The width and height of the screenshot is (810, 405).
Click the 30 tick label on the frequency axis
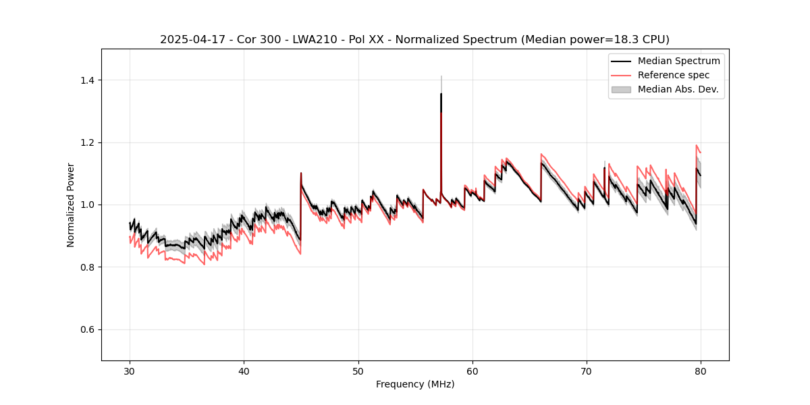coord(130,371)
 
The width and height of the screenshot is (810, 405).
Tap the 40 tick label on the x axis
coord(244,371)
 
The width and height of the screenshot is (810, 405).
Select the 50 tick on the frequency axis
coord(358,371)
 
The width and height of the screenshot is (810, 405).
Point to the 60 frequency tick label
coord(473,371)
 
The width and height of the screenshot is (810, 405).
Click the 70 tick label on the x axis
coord(587,371)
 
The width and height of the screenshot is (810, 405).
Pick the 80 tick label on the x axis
coord(701,371)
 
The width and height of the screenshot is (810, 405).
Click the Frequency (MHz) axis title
coord(415,384)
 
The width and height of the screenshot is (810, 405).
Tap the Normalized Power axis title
coord(71,205)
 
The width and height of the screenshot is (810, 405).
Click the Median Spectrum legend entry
coord(678,61)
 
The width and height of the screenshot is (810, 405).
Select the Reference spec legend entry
coord(674,75)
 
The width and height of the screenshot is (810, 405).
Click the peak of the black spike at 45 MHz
coord(301,173)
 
